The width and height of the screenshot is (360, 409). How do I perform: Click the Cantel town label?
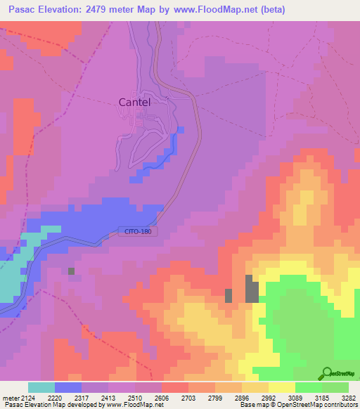tap(134, 102)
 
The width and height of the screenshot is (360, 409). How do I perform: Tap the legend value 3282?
tap(349, 397)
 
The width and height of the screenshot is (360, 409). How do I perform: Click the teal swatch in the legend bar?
tap(41, 387)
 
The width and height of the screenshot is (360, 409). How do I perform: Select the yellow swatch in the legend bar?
tap(282, 387)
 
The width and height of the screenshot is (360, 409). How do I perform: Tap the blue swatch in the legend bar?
tap(68, 387)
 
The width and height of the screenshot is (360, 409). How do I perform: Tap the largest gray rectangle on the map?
tap(251, 289)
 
